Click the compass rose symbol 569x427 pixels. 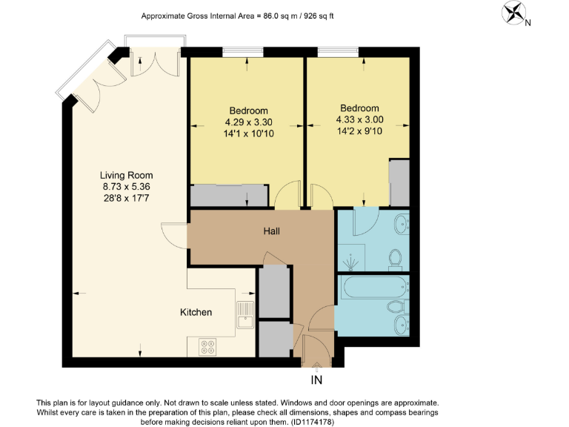pos(513,13)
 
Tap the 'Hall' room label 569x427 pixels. pos(272,231)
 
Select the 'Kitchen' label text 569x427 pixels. pos(196,312)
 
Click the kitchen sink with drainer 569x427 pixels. pos(244,314)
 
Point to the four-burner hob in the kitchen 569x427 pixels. pos(208,345)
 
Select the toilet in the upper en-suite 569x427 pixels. pos(396,258)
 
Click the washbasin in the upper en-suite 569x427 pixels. pos(401,222)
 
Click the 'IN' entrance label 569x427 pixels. pos(316,381)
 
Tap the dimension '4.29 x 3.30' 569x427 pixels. pos(246,122)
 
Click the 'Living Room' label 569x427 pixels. pos(127,176)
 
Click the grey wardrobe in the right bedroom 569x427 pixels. pos(399,182)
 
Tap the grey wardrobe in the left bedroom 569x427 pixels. pos(229,196)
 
